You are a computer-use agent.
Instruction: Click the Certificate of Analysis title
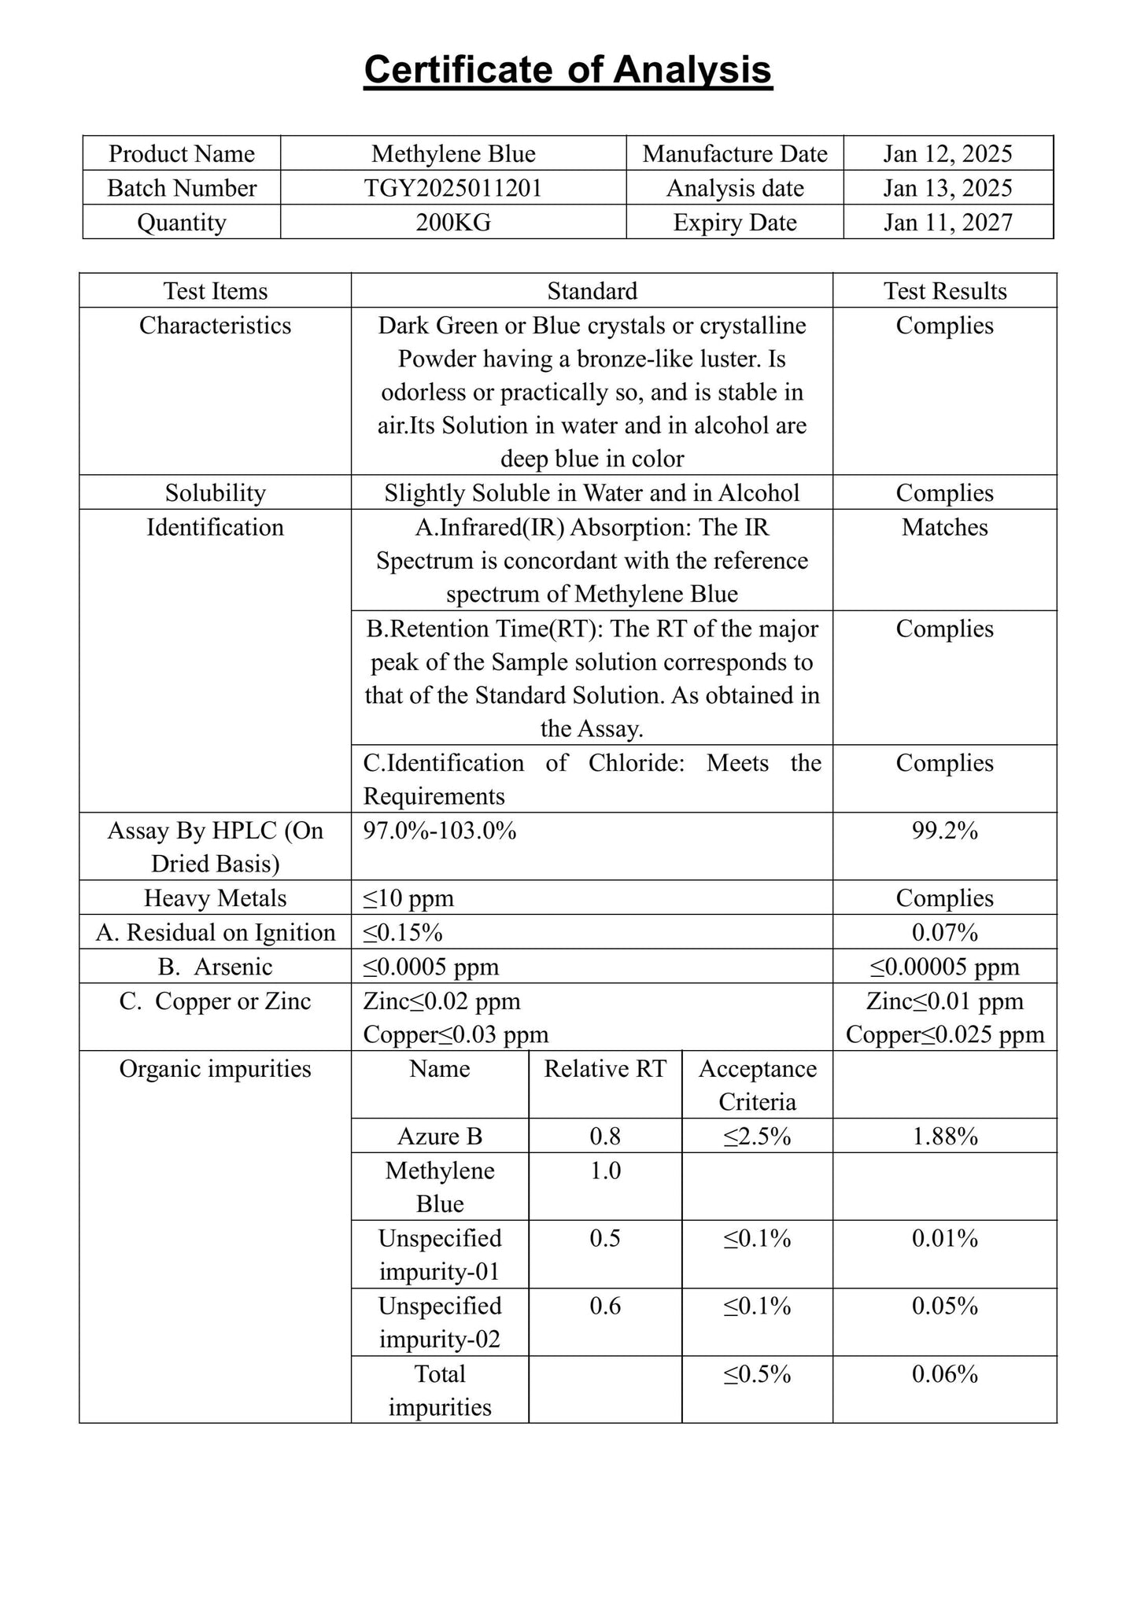point(567,71)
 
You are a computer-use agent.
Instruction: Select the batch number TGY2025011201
point(453,188)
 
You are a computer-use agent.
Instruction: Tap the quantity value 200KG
point(453,223)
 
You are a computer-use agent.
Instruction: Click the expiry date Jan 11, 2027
point(947,223)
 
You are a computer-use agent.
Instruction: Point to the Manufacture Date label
point(735,153)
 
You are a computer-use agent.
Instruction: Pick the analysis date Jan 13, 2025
point(947,188)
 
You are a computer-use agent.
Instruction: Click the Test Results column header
point(944,291)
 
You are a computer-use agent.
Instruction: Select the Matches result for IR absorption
point(944,527)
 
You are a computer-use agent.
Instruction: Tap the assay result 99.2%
point(944,831)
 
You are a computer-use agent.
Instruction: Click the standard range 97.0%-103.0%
point(440,831)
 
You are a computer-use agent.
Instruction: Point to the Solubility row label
point(215,493)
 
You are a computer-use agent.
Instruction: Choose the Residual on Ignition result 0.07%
point(944,933)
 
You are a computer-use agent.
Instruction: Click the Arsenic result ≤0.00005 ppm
point(944,967)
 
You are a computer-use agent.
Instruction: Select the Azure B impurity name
point(439,1137)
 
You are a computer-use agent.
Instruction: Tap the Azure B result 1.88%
point(944,1137)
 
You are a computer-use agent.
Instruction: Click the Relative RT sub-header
point(604,1069)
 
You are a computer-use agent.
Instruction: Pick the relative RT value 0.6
point(604,1307)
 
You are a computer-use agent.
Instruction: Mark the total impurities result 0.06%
point(944,1374)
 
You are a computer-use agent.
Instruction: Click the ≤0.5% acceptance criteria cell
point(757,1374)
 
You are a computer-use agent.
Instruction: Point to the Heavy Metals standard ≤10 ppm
point(408,898)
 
